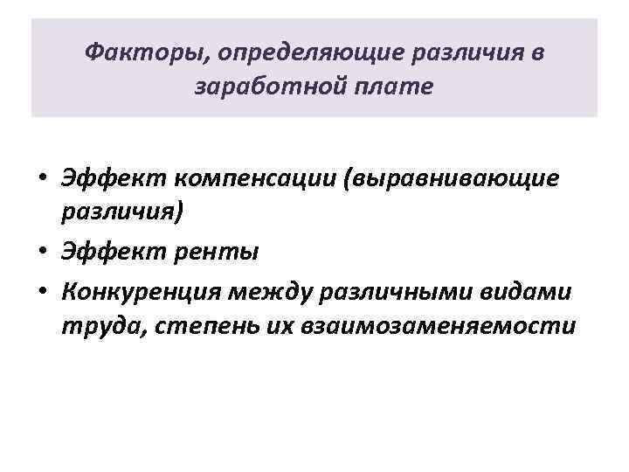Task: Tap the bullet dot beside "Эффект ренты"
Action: (42, 253)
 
